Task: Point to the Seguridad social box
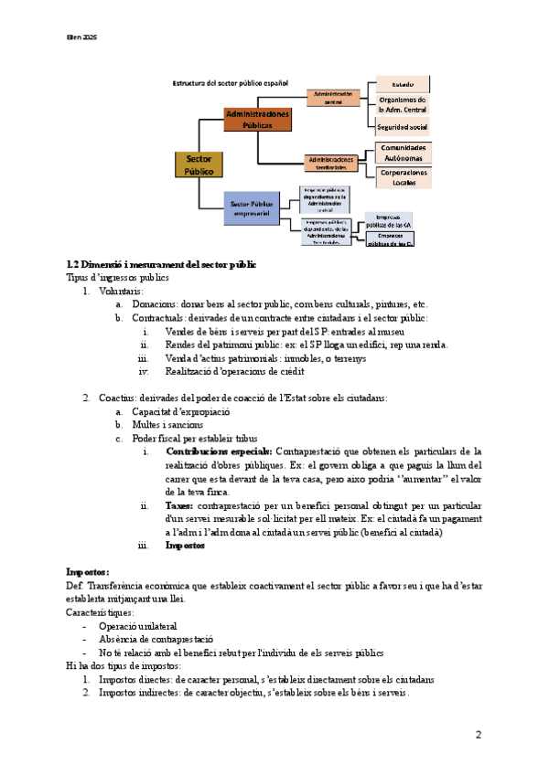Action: click(x=403, y=126)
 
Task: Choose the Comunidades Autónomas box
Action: click(x=403, y=152)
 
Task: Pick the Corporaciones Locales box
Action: click(x=403, y=176)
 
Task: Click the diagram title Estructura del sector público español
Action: click(x=231, y=83)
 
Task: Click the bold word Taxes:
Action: click(x=178, y=505)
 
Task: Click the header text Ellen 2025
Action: click(x=81, y=37)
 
